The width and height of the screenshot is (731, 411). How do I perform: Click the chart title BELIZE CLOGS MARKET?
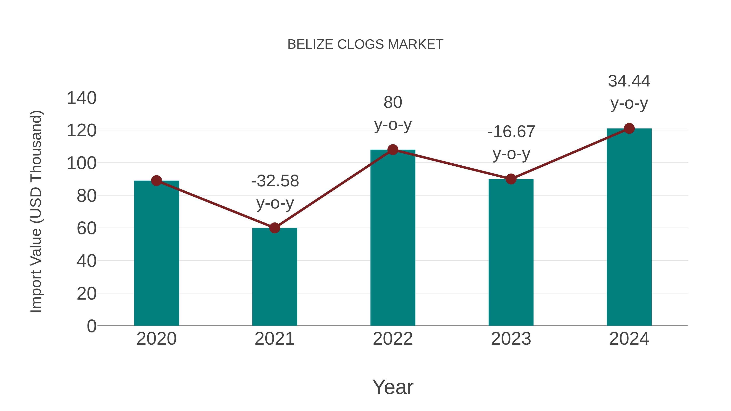pyautogui.click(x=365, y=44)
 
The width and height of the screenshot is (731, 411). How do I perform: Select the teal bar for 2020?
pyautogui.click(x=156, y=255)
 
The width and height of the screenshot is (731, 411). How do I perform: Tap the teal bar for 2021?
pyautogui.click(x=274, y=278)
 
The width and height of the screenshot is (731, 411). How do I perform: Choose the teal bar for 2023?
pyautogui.click(x=511, y=255)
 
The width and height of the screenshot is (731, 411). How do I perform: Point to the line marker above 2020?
pyautogui.click(x=156, y=180)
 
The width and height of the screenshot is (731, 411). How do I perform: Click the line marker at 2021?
pyautogui.click(x=274, y=228)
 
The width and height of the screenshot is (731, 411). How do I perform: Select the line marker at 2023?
pyautogui.click(x=511, y=179)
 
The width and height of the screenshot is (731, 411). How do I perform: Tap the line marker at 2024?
pyautogui.click(x=629, y=128)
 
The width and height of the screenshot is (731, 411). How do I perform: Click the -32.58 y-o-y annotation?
pyautogui.click(x=275, y=192)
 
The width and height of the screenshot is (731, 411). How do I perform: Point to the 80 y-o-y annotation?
pyautogui.click(x=393, y=113)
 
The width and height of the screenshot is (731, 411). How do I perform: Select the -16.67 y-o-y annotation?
pyautogui.click(x=511, y=143)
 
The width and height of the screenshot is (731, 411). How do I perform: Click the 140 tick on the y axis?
pyautogui.click(x=82, y=98)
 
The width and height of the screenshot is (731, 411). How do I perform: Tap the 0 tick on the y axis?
pyautogui.click(x=91, y=326)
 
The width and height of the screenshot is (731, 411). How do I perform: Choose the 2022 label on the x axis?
pyautogui.click(x=393, y=339)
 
